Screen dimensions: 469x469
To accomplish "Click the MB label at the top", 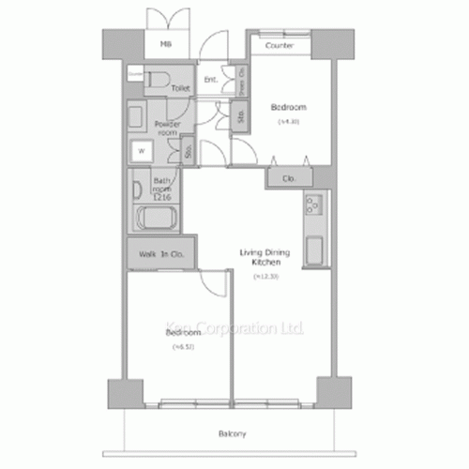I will (165, 44).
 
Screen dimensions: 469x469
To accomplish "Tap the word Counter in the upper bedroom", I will (280, 45).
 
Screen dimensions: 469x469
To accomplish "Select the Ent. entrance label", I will (210, 80).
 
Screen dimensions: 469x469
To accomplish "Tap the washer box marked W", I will (143, 149).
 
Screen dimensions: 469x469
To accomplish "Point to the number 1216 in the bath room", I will (161, 196).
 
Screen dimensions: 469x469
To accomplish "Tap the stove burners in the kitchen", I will (313, 204).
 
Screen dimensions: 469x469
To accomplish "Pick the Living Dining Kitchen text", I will (265, 258).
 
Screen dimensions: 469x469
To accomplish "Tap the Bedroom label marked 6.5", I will (183, 333).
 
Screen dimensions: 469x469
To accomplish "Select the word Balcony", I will (234, 433).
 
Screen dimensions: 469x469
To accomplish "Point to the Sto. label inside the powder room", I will (189, 150).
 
